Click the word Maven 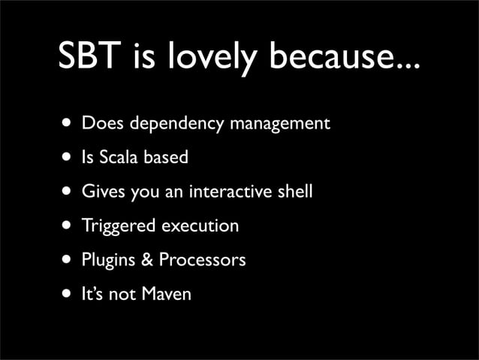pos(167,294)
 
